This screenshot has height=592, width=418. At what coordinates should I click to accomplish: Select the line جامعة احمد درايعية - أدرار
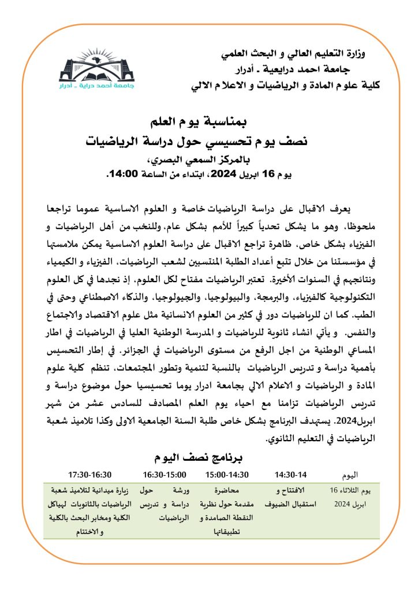click(303, 71)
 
